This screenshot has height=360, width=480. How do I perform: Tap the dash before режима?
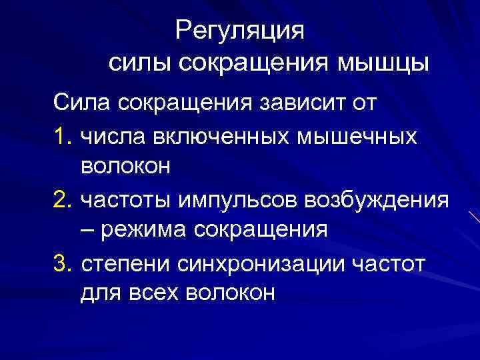[87, 230]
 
